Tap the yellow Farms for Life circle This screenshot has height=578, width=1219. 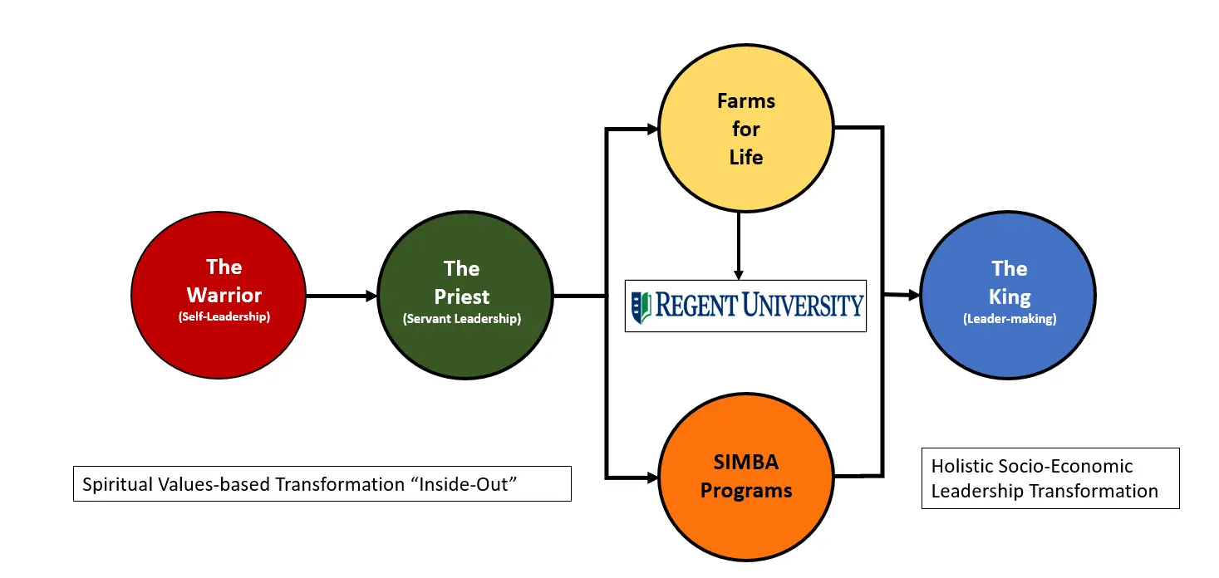(745, 129)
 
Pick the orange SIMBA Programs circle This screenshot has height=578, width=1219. (745, 477)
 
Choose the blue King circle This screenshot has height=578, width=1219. (1008, 295)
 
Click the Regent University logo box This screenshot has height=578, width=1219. (745, 306)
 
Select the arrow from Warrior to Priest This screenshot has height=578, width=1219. (342, 295)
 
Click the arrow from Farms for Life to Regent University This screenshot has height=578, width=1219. (738, 246)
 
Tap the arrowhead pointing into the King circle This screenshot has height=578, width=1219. (914, 295)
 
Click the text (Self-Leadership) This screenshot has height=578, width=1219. (224, 316)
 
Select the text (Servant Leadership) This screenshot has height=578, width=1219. (462, 319)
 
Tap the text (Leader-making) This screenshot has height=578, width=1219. (1010, 318)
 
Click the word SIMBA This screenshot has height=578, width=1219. (745, 462)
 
